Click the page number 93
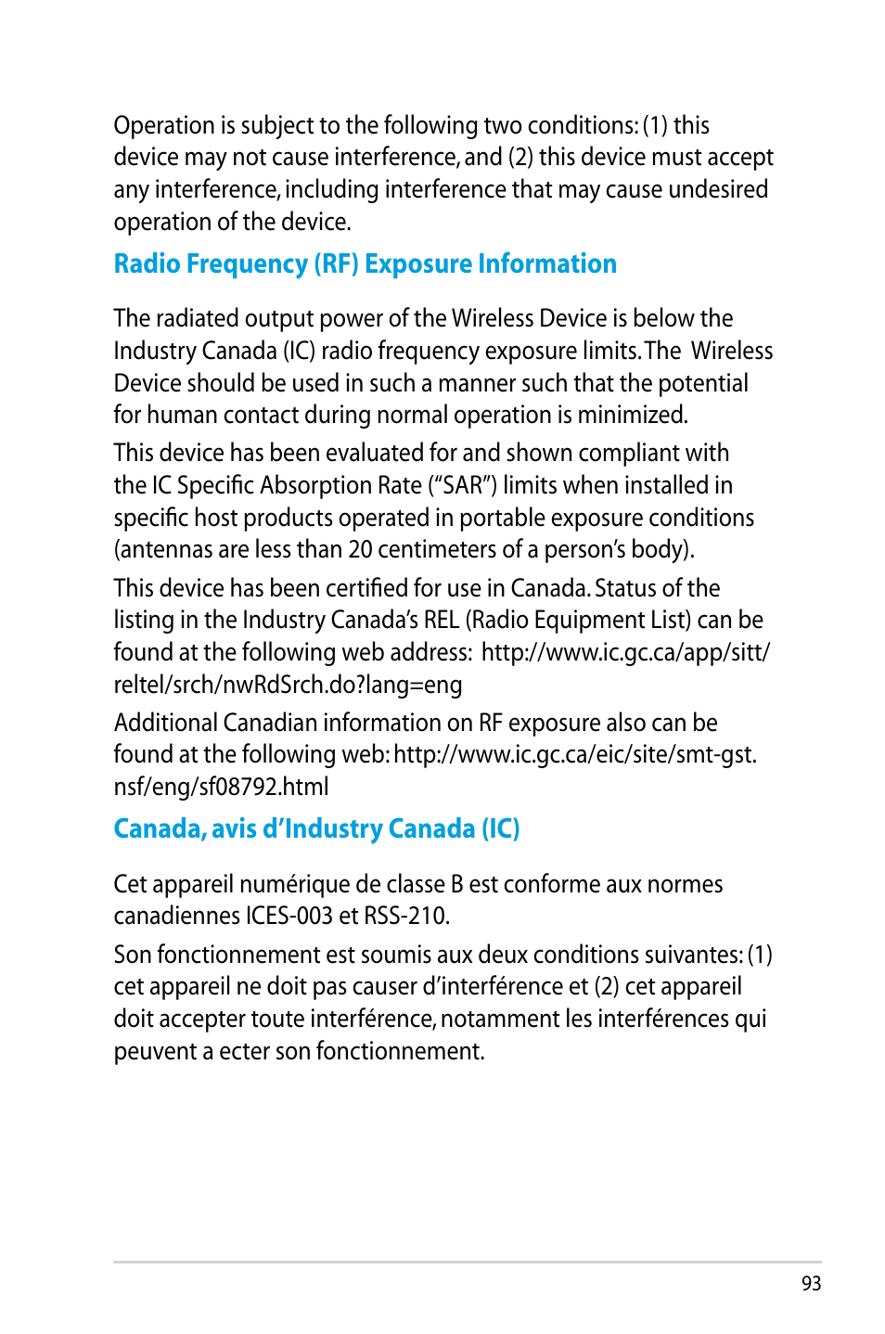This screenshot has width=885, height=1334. [x=811, y=1283]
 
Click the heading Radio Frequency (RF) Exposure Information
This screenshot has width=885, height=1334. [x=365, y=264]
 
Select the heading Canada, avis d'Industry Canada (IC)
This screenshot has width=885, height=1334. [x=316, y=828]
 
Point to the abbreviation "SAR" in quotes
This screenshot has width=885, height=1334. [x=463, y=485]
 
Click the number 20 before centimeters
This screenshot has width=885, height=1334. [x=360, y=549]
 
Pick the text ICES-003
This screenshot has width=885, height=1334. [x=289, y=916]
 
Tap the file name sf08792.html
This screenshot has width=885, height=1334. [x=263, y=787]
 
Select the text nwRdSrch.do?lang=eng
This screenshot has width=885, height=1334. [x=342, y=685]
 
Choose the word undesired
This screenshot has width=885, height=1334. [x=718, y=189]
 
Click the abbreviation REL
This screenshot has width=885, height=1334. [x=442, y=620]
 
